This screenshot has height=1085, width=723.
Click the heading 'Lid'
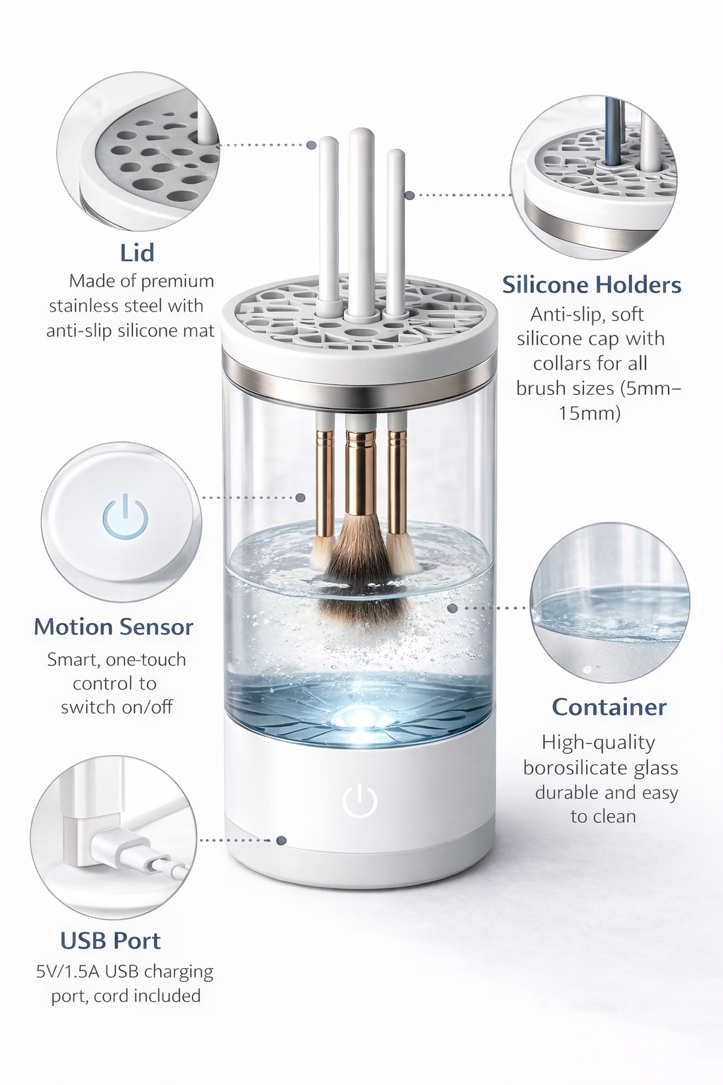coord(137,253)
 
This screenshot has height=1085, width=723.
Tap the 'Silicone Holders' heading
coord(591,285)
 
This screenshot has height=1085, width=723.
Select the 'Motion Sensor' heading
coord(113,627)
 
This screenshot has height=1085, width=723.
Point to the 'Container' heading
coord(609,707)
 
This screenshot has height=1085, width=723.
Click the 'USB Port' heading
coord(110,941)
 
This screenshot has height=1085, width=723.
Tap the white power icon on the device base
coord(359,801)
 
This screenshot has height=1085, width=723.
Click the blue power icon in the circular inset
coord(125,516)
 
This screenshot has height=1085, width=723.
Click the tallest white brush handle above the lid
coord(361,222)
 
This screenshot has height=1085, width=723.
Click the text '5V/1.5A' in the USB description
coord(68,972)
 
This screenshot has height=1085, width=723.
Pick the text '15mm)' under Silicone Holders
coord(590,413)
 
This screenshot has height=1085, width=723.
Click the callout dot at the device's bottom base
coord(281,841)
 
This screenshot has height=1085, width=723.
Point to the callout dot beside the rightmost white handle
coord(410,195)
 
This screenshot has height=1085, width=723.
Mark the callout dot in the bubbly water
coord(453,608)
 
